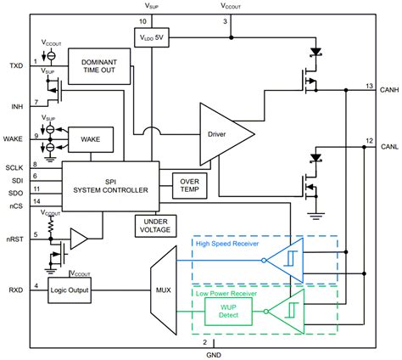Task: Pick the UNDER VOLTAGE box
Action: (153, 225)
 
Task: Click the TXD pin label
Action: (16, 65)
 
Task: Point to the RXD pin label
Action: (16, 290)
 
